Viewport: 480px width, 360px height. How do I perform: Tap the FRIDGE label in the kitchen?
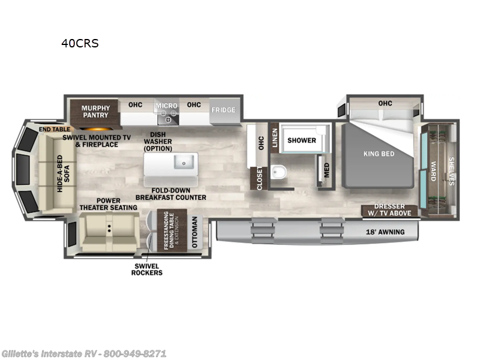pos(223,110)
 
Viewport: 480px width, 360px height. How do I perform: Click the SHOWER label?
pos(301,140)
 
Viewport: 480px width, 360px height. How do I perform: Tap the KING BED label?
pos(379,154)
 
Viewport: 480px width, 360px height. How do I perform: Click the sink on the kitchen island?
pos(182,161)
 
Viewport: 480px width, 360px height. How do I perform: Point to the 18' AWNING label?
pos(385,232)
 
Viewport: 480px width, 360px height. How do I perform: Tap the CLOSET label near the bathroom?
pos(259,179)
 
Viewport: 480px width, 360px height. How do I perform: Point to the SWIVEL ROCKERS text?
pos(147,269)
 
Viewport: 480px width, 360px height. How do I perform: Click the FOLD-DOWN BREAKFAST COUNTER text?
pos(170,193)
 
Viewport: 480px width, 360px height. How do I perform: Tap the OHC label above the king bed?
pos(385,104)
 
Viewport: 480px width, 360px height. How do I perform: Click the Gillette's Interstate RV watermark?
pos(84,353)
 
